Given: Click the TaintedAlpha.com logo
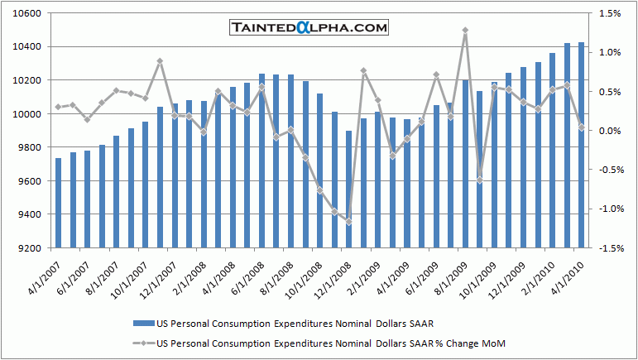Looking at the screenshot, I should (308, 28).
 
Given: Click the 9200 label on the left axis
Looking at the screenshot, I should (30, 248).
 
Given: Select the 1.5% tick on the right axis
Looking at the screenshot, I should (610, 14).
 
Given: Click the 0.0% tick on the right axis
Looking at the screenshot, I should (610, 131).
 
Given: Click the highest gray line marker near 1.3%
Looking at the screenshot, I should (465, 31).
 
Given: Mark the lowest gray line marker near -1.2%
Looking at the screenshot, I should (348, 222).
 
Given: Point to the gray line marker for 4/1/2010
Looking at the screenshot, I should (581, 127).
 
